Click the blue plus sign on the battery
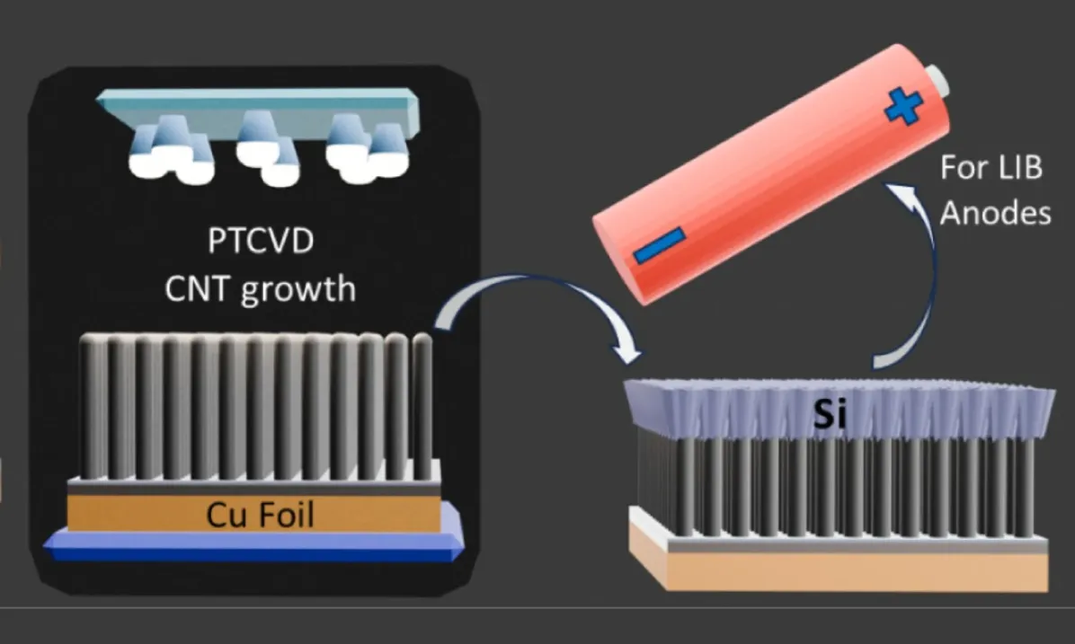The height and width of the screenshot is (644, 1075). coord(904,107)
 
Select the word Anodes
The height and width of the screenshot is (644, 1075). coord(996,214)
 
